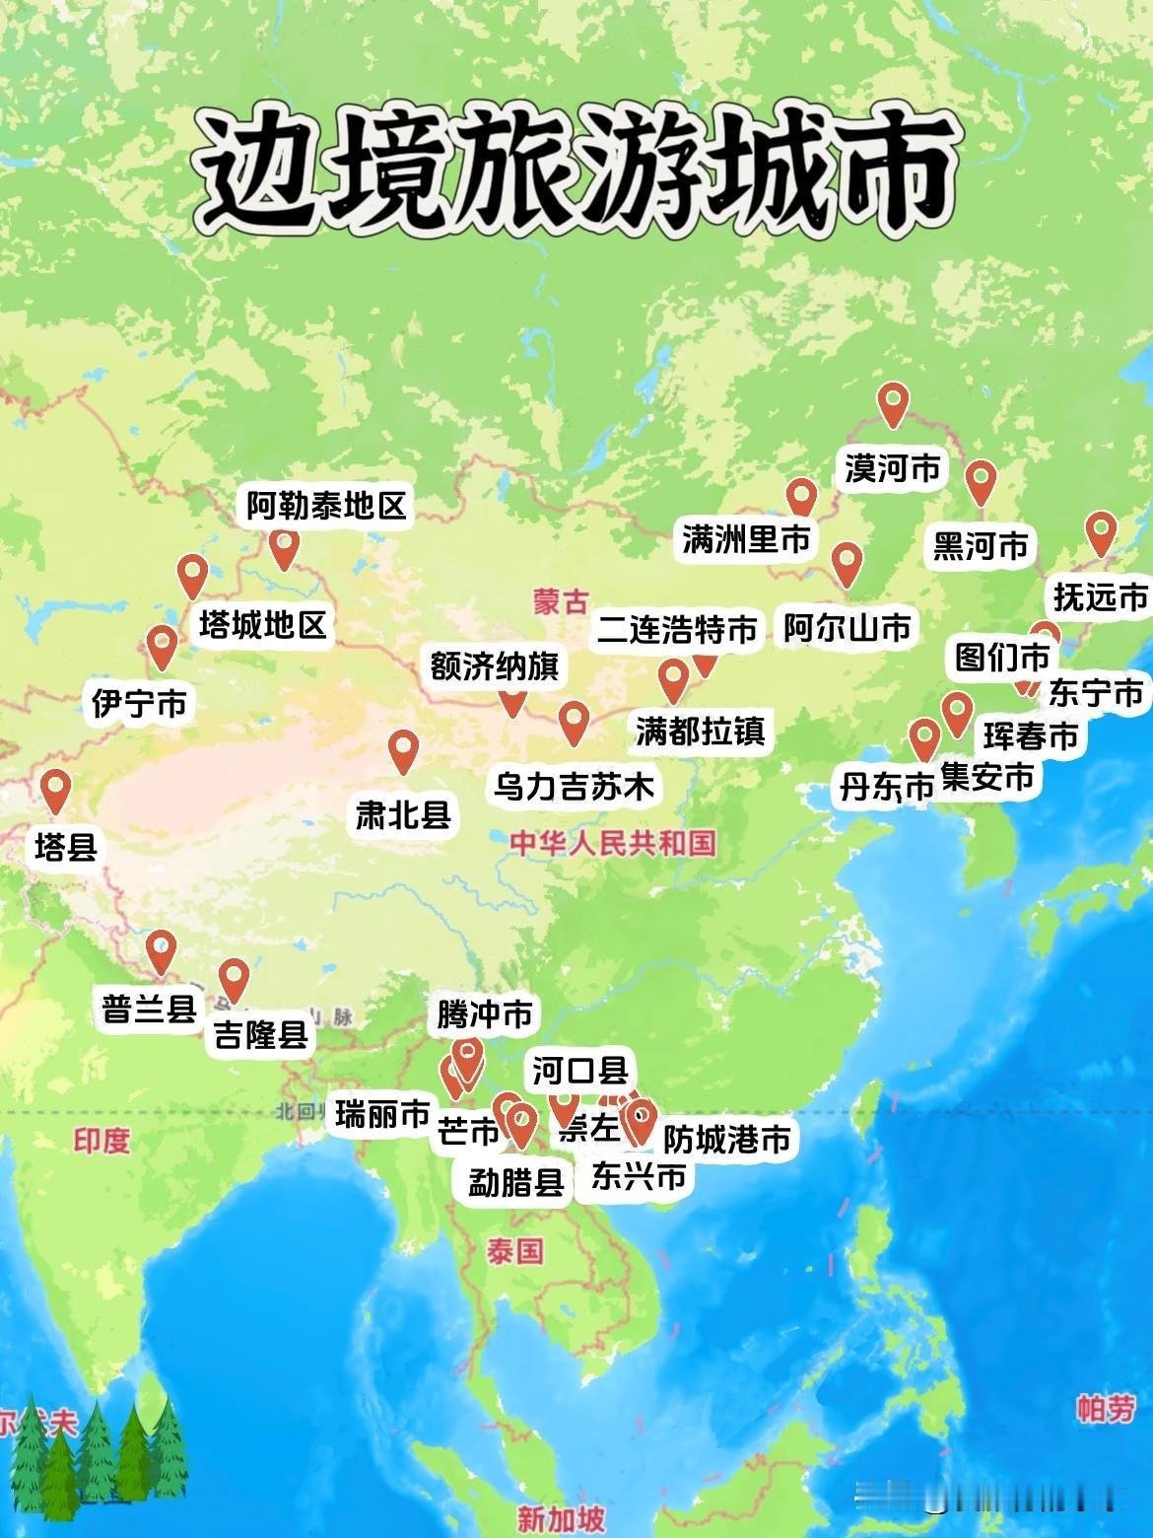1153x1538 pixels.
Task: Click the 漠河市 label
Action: click(x=892, y=468)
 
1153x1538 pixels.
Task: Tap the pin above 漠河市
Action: click(x=893, y=403)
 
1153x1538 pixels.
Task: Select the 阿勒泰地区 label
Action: click(x=326, y=507)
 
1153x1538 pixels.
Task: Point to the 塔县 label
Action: click(x=66, y=846)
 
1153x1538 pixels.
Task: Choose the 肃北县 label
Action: click(x=403, y=814)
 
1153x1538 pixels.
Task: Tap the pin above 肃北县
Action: click(x=403, y=751)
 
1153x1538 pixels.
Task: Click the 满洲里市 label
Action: click(x=746, y=539)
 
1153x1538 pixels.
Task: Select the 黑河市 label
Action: click(x=980, y=545)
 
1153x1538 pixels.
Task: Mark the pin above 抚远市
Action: click(x=1101, y=532)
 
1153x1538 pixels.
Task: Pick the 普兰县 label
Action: click(x=150, y=1009)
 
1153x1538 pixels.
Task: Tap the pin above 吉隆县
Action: click(x=234, y=979)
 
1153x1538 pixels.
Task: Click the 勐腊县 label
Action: click(x=515, y=1181)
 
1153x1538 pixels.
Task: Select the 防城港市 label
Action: click(x=727, y=1140)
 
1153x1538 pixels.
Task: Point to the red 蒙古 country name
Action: click(x=561, y=601)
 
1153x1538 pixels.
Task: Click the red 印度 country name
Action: click(x=102, y=1141)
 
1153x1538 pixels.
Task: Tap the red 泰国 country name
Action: click(x=514, y=1251)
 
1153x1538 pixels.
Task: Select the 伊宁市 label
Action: click(x=139, y=703)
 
